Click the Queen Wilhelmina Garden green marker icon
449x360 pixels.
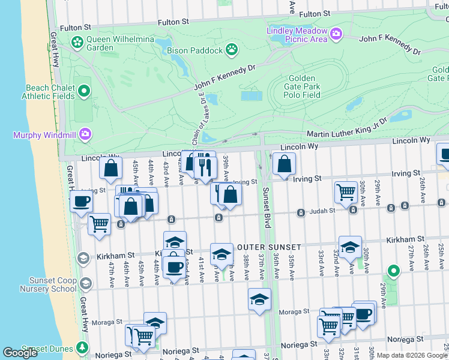[x=77, y=42]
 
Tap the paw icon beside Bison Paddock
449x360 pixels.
[x=231, y=49]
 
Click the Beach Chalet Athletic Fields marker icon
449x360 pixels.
[x=84, y=91]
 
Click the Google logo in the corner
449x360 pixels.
[x=20, y=353]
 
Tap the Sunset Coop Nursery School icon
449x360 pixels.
[x=86, y=283]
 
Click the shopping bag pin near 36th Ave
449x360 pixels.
[x=284, y=164]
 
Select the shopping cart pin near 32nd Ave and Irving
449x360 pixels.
[x=346, y=193]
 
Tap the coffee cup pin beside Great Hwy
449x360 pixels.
[x=81, y=201]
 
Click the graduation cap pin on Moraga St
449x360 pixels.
[x=259, y=299]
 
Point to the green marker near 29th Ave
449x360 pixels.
[x=393, y=272]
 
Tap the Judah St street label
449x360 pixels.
[x=322, y=211]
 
